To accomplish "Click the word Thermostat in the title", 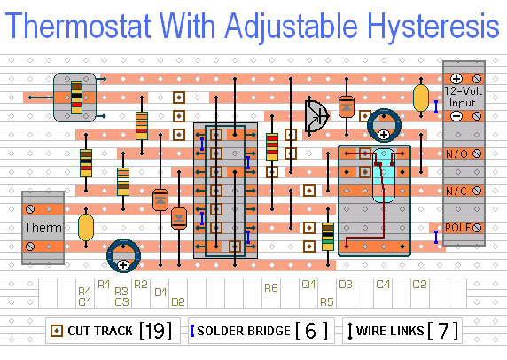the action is point(78,26).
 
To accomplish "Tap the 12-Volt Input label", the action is point(463,97).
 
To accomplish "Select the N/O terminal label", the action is point(456,153).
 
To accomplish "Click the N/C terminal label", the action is point(456,191).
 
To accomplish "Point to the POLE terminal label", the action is point(458,227).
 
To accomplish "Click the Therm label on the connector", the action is point(43,228).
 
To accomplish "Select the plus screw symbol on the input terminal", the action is point(456,79).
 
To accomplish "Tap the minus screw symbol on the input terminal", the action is point(456,116).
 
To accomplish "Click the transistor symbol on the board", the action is point(316,116).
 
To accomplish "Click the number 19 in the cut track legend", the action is point(155,330).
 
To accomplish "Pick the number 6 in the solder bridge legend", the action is point(311,330).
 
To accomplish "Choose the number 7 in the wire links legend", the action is point(442,330).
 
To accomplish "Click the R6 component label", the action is point(271,287).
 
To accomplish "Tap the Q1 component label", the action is point(308,285).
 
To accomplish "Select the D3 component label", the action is point(346,285).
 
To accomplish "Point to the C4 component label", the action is point(383,285).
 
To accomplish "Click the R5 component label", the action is point(327,302).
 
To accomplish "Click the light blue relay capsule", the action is point(384,176).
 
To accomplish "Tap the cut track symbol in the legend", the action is point(57,331).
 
